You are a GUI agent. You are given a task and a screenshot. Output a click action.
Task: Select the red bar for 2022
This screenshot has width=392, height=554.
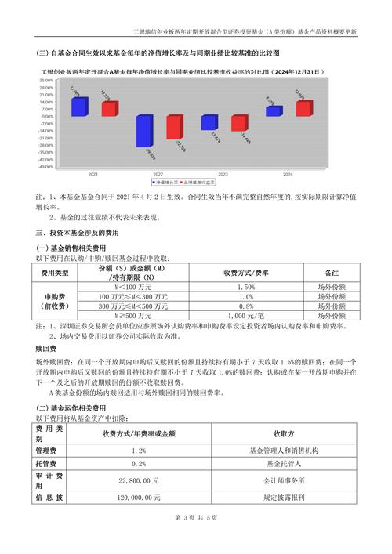pos(174,127)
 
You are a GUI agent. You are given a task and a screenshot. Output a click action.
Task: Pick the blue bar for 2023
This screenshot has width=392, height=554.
pos(209,122)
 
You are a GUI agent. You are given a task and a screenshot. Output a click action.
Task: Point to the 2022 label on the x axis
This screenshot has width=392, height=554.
pos(158,173)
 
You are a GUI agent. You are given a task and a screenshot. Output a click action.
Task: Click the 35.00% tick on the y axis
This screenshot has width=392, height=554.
pos(45,80)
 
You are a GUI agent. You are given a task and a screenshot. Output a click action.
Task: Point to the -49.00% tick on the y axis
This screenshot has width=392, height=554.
pos(45,166)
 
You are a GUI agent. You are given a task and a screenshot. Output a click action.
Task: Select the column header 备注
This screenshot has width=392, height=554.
pos(330,273)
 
